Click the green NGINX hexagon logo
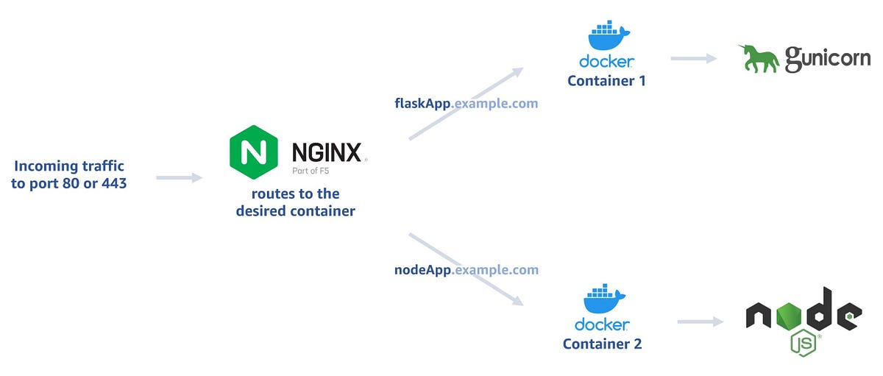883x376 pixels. point(254,152)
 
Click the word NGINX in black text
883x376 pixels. point(326,152)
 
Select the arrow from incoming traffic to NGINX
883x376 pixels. point(179,177)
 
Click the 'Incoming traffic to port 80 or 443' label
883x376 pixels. point(69,175)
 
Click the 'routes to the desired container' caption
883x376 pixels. point(295,202)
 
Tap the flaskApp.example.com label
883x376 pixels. point(467,103)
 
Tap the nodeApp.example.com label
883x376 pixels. point(467,270)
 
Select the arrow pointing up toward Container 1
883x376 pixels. point(465,104)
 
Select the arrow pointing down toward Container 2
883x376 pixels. point(465,269)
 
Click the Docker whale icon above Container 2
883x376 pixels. point(603,299)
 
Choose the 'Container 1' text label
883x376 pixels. point(606,81)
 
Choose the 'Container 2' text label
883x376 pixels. point(602,344)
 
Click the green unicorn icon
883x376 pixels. point(759,58)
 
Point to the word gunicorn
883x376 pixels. point(827,59)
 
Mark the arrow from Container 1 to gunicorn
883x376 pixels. point(693,58)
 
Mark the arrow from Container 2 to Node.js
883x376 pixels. point(701,322)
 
